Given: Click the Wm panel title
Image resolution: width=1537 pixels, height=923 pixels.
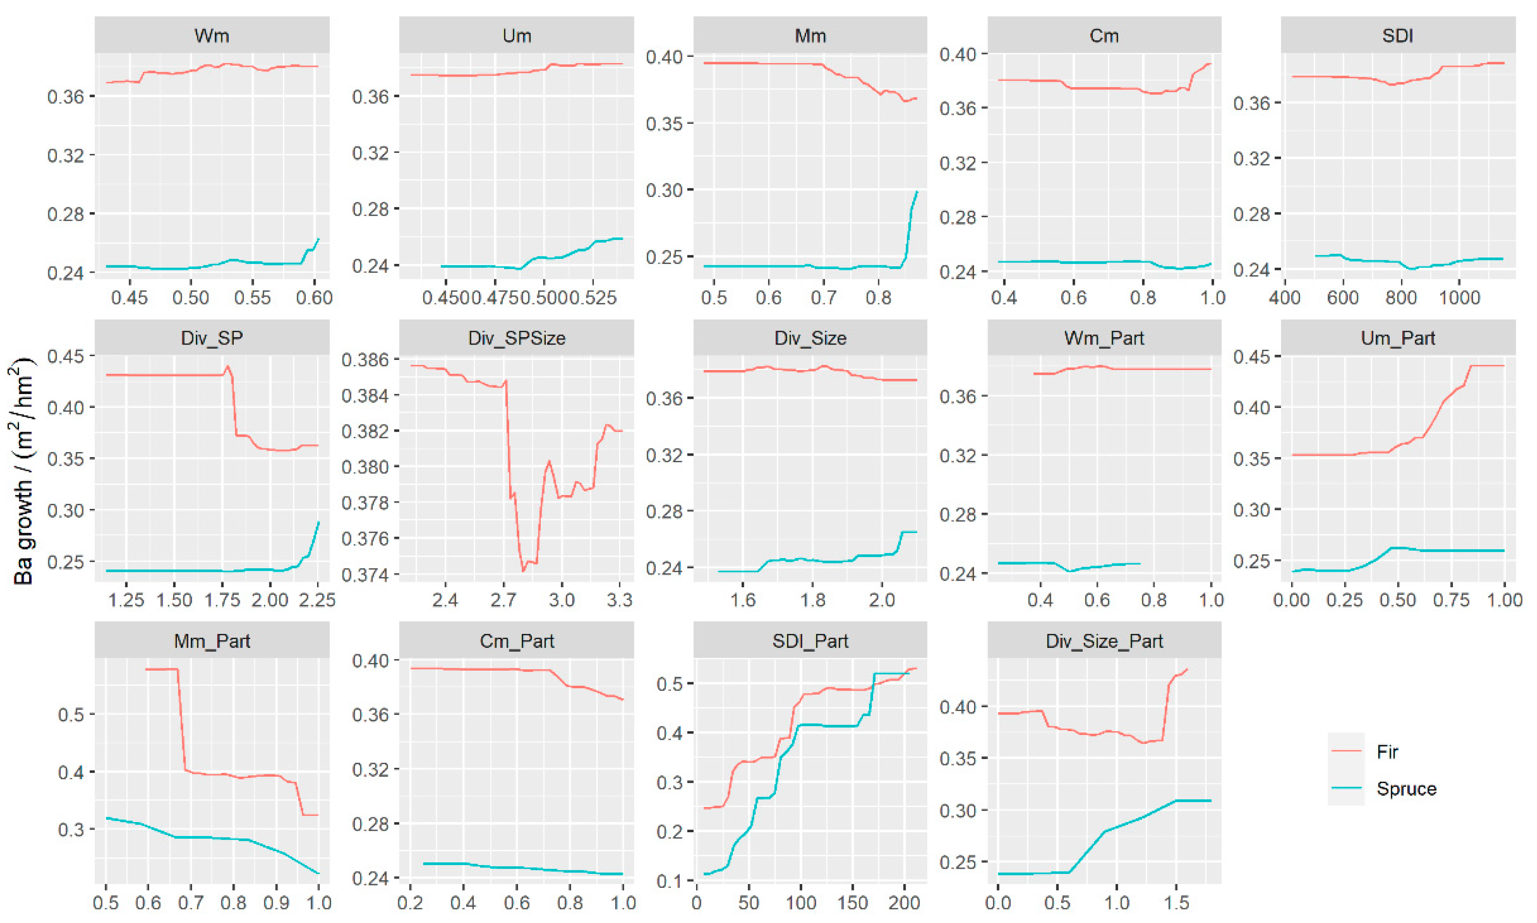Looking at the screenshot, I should click(x=212, y=36).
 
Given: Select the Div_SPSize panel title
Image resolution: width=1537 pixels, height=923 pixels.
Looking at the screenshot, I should click(x=516, y=339).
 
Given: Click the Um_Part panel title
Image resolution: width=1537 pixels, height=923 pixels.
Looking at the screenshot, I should click(x=1397, y=339).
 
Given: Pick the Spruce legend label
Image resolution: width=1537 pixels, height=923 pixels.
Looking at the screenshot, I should click(x=1406, y=789).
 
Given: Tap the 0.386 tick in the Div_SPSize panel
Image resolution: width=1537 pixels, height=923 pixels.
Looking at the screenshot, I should click(x=365, y=359).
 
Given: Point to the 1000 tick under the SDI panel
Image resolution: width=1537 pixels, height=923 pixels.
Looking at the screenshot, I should click(x=1459, y=297).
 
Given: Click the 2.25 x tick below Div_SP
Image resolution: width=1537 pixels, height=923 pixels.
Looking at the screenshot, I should click(x=317, y=600).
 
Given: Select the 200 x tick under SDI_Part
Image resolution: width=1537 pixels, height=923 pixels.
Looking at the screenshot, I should click(x=903, y=903).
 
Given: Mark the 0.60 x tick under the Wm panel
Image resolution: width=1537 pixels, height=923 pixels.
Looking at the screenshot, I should click(x=314, y=297).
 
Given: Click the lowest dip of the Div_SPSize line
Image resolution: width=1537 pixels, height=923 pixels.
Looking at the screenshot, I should click(x=524, y=571).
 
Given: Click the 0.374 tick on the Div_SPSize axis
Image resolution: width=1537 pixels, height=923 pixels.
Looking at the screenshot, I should click(x=365, y=574).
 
